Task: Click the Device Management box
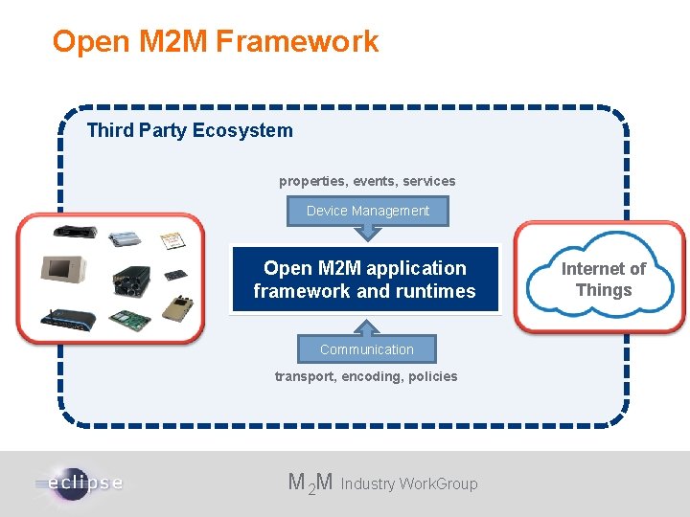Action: coord(368,211)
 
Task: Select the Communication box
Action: coord(367,349)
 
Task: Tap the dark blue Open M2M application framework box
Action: coord(365,280)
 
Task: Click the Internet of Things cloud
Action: coord(603,279)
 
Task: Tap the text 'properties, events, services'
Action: coord(367,181)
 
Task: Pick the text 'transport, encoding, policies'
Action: coord(366,376)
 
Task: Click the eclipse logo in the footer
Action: coord(81,482)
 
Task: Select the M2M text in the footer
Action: coord(310,483)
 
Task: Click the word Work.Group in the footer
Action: coord(439,484)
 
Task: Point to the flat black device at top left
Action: coord(75,232)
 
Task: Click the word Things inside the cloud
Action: coord(604,290)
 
